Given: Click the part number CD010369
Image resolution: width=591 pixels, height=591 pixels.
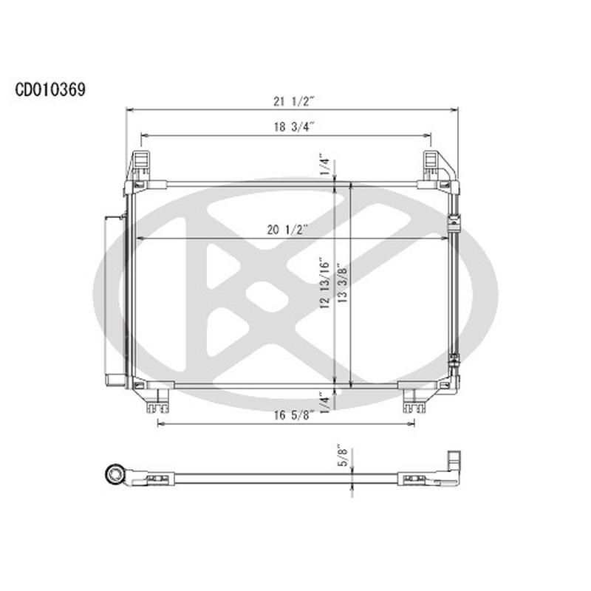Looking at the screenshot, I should (50, 89).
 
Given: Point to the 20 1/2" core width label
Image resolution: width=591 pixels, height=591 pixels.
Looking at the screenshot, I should (289, 230).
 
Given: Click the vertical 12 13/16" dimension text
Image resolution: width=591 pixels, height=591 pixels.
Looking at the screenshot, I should (326, 284).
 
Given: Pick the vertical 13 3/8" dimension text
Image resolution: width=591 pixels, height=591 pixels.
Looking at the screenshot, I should (341, 284).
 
